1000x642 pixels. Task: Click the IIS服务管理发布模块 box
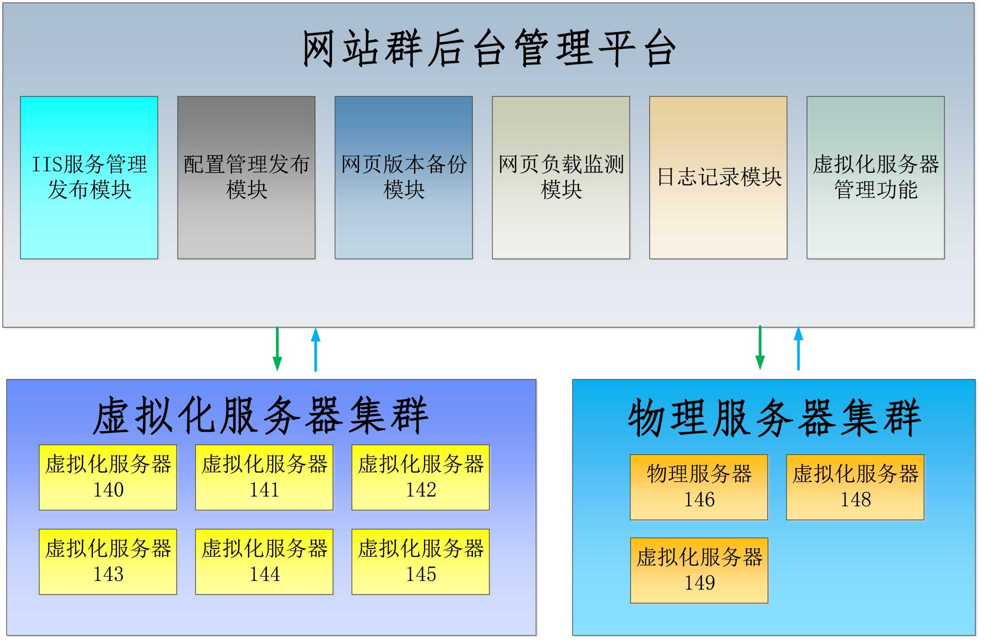pyautogui.click(x=89, y=177)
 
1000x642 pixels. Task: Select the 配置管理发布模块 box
pyautogui.click(x=246, y=177)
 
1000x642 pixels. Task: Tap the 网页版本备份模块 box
pyautogui.click(x=403, y=177)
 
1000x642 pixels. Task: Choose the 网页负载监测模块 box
pyautogui.click(x=560, y=177)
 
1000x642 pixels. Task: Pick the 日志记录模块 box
pyautogui.click(x=718, y=177)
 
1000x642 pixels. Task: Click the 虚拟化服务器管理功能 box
pyautogui.click(x=875, y=177)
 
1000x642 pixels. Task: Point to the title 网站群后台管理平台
pyautogui.click(x=489, y=48)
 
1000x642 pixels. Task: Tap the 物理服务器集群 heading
pyautogui.click(x=774, y=418)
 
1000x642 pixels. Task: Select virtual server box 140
pyautogui.click(x=108, y=477)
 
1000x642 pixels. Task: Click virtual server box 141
pyautogui.click(x=264, y=477)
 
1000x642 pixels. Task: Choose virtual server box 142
pyautogui.click(x=420, y=477)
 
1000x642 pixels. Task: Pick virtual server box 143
pyautogui.click(x=108, y=562)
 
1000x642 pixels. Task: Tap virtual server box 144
pyautogui.click(x=264, y=562)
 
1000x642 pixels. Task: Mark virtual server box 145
pyautogui.click(x=420, y=562)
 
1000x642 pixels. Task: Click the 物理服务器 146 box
pyautogui.click(x=698, y=487)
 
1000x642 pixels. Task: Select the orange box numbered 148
pyautogui.click(x=855, y=487)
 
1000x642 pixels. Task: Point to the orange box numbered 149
pyautogui.click(x=699, y=570)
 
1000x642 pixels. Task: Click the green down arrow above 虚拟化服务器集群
pyautogui.click(x=277, y=349)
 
